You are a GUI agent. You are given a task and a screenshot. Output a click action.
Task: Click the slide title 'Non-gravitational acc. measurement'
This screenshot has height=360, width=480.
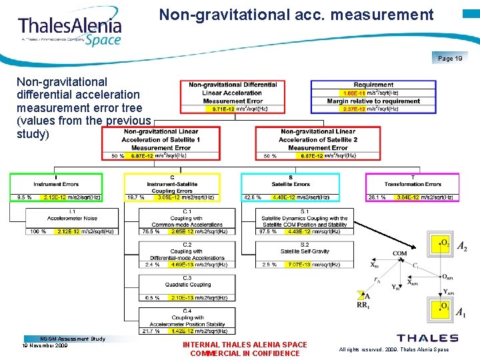(x=296, y=15)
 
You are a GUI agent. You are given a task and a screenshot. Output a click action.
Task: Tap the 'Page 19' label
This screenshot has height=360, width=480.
(x=450, y=59)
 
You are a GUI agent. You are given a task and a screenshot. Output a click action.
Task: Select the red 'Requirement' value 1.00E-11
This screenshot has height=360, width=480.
(x=353, y=93)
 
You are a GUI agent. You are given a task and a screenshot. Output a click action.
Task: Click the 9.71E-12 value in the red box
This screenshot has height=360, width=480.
(x=223, y=109)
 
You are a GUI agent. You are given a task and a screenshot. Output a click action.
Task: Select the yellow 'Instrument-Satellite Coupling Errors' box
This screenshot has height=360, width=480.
(x=171, y=185)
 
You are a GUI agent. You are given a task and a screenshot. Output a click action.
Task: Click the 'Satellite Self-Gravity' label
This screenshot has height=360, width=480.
(x=304, y=251)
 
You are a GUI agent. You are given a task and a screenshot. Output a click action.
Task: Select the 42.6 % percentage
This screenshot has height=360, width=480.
(x=252, y=197)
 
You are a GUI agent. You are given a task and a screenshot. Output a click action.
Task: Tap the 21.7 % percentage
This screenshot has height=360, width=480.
(x=151, y=331)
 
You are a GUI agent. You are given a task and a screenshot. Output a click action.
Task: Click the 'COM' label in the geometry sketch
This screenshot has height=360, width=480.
(x=400, y=254)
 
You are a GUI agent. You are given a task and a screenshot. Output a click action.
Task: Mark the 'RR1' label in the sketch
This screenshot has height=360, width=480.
(x=363, y=305)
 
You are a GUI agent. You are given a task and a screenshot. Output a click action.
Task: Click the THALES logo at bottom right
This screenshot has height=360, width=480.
(x=427, y=338)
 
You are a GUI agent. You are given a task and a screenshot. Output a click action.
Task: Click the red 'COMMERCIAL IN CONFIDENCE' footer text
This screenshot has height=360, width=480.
(x=245, y=353)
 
